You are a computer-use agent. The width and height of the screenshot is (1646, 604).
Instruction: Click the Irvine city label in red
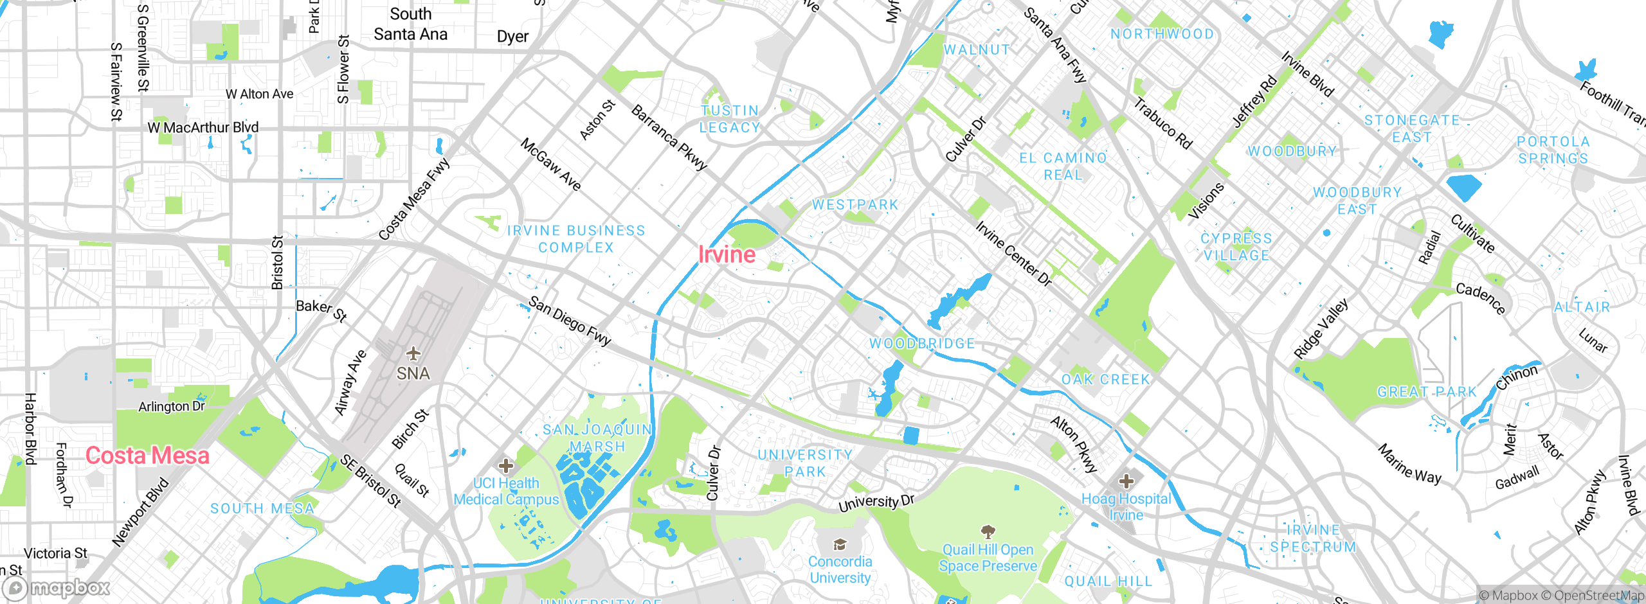[x=727, y=254]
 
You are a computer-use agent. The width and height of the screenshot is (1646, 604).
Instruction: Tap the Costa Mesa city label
[x=147, y=456]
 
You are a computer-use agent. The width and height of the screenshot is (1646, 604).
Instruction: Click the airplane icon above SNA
[x=413, y=354]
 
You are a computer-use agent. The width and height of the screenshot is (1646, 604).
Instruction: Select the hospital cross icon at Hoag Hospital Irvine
[x=1126, y=481]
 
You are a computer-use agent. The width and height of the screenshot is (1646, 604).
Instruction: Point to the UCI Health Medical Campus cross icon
[x=506, y=465]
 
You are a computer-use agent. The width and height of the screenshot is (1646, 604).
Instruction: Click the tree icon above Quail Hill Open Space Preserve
[x=988, y=531]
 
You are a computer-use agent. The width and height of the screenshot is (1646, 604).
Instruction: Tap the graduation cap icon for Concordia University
[x=840, y=545]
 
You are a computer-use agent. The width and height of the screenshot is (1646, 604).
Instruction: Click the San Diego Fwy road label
[x=569, y=321]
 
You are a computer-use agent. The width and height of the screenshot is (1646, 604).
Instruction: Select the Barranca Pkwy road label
[x=669, y=137]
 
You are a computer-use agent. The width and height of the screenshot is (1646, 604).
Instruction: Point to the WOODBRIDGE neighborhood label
[x=922, y=344]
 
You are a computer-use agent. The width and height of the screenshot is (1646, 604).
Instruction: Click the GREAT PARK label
[x=1427, y=392]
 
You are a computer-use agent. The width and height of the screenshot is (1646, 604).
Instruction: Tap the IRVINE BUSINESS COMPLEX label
[x=576, y=239]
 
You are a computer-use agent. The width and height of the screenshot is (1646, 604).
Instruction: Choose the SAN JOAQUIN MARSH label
[x=597, y=438]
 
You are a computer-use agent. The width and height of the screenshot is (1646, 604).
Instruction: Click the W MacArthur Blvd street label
[x=203, y=127]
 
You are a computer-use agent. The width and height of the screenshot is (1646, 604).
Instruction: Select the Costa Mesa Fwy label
[x=414, y=200]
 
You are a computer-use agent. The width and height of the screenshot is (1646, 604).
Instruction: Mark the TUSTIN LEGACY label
[x=730, y=120]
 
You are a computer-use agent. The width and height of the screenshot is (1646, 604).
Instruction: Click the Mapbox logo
[x=57, y=587]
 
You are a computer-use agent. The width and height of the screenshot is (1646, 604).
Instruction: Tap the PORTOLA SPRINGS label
[x=1553, y=150]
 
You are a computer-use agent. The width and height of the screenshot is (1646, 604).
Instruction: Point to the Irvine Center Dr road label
[x=1013, y=254]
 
